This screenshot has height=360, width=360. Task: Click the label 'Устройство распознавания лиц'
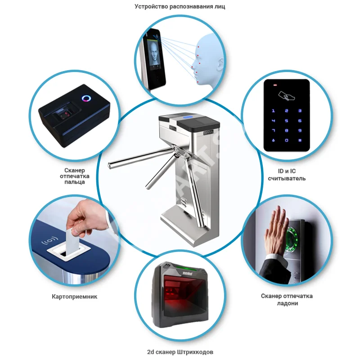click(180, 6)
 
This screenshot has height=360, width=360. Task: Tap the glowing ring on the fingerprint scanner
click(86, 99)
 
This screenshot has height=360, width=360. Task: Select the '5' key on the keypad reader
click(286, 121)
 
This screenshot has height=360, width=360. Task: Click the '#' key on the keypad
click(300, 140)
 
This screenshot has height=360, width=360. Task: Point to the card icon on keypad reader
click(286, 96)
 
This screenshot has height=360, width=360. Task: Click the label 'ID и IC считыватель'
click(287, 175)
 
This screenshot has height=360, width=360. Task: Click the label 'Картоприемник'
click(75, 297)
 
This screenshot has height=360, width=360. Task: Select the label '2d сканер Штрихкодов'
click(180, 352)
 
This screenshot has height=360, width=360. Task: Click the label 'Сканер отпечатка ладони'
click(287, 300)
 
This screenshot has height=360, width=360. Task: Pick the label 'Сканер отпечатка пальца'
click(75, 176)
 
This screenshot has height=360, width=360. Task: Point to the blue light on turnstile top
click(188, 117)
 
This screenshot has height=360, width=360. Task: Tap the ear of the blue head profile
click(220, 63)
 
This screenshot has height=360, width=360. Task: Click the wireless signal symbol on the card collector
click(50, 241)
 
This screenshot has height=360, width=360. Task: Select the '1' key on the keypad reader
click(273, 111)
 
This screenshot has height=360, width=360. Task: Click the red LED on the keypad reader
click(275, 85)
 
